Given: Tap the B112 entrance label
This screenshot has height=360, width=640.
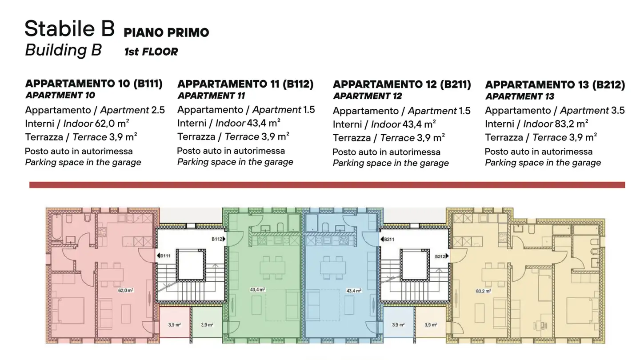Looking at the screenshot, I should (x=218, y=239).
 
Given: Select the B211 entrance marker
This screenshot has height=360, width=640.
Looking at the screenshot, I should (x=388, y=239).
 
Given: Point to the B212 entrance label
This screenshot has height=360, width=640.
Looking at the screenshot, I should (x=441, y=256).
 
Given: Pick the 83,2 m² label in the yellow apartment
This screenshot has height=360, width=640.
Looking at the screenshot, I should (x=483, y=291).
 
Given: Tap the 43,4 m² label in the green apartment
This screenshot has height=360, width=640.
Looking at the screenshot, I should (x=257, y=290).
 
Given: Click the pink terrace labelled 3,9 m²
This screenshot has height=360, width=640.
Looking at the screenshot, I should (x=174, y=325).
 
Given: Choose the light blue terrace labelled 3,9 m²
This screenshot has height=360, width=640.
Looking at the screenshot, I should (x=398, y=325).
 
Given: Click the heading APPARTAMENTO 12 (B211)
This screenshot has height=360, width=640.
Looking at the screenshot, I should (x=402, y=84).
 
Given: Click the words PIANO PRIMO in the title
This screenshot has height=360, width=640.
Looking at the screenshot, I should (x=166, y=32).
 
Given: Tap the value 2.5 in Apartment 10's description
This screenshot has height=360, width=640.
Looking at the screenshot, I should (x=158, y=110).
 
